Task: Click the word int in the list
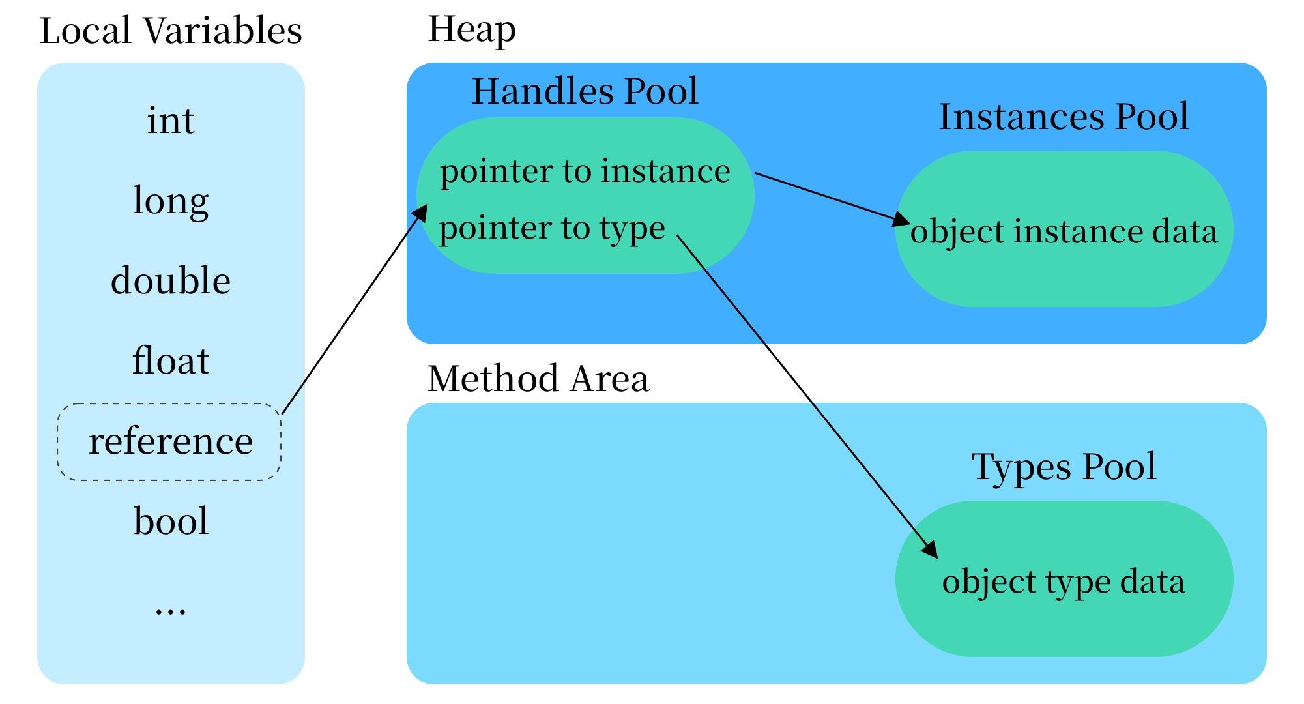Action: tap(171, 121)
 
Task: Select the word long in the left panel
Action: tap(171, 201)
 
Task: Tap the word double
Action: tap(171, 281)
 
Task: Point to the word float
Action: tap(171, 361)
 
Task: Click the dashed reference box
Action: tap(170, 442)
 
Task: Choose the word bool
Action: tap(171, 521)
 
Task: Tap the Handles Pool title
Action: tap(585, 91)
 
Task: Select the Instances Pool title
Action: tap(1064, 117)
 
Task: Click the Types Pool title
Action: tap(1064, 467)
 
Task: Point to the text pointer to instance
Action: tap(585, 171)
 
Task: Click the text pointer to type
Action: tap(551, 228)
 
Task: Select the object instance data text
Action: tap(1064, 232)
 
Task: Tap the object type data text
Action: tap(1064, 581)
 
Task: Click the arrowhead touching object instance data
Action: tap(902, 220)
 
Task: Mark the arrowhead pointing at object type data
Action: tap(930, 550)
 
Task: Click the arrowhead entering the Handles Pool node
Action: tap(421, 213)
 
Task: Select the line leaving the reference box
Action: tap(293, 396)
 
